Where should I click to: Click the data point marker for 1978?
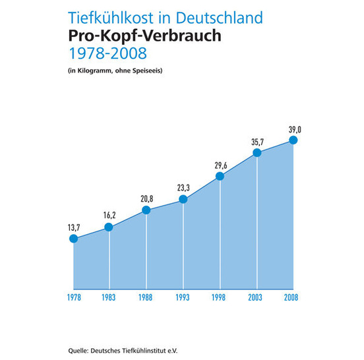click(x=73, y=239)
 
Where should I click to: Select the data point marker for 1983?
click(x=109, y=227)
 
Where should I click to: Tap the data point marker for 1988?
click(x=146, y=210)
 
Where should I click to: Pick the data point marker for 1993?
click(x=183, y=199)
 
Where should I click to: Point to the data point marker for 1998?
click(x=220, y=176)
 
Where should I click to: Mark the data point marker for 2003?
click(x=257, y=153)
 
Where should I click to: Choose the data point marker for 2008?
click(x=294, y=140)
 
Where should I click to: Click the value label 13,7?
click(x=73, y=227)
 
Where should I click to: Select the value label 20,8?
click(x=146, y=199)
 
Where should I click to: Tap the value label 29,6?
click(x=220, y=165)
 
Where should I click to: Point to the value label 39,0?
click(x=294, y=129)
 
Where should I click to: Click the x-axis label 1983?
click(x=109, y=297)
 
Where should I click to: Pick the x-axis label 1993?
click(x=183, y=297)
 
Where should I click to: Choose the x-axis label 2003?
click(x=257, y=297)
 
